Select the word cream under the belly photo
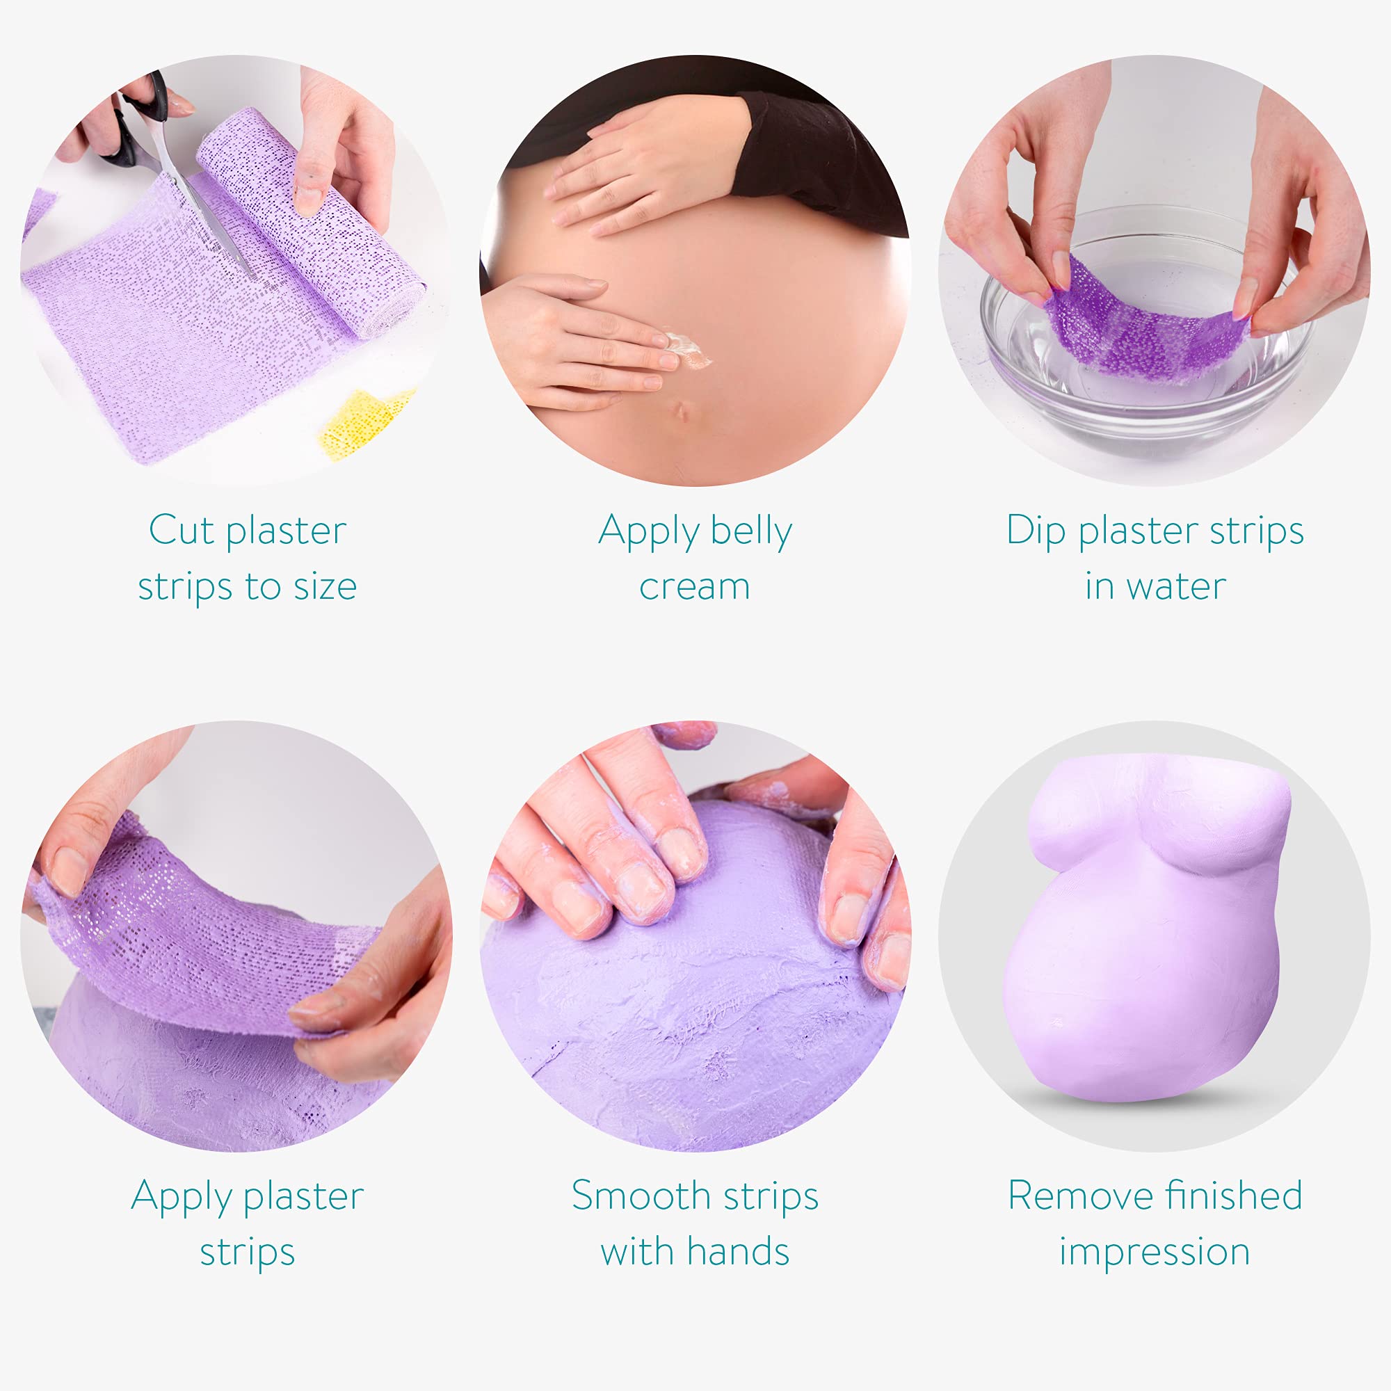[694, 587]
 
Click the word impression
[1154, 1253]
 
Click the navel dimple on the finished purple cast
[1058, 1023]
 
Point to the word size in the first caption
[325, 586]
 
